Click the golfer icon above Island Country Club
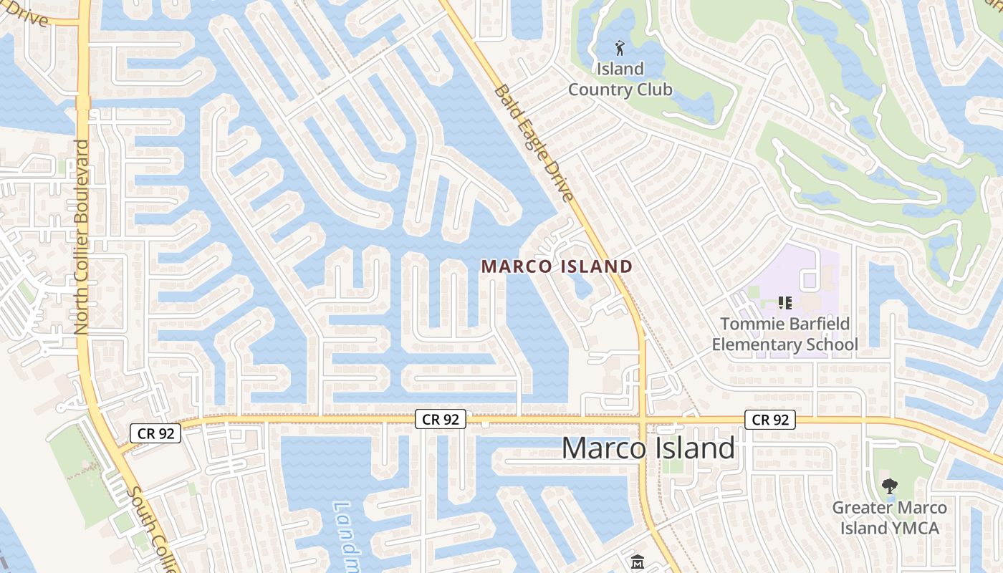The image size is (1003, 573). (620, 48)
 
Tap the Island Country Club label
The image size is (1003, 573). (620, 80)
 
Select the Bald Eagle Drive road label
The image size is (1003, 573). (534, 143)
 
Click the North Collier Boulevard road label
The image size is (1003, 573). (81, 236)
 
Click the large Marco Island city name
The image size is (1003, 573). (648, 448)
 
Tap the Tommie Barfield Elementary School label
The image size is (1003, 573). (784, 334)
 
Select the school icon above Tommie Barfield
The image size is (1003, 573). (784, 303)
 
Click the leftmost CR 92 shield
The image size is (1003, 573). (155, 433)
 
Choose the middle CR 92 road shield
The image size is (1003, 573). (441, 420)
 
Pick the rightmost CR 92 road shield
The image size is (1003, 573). (770, 420)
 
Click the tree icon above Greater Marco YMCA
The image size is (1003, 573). (889, 487)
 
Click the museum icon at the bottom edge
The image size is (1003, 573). (637, 562)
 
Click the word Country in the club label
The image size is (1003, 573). (620, 90)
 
